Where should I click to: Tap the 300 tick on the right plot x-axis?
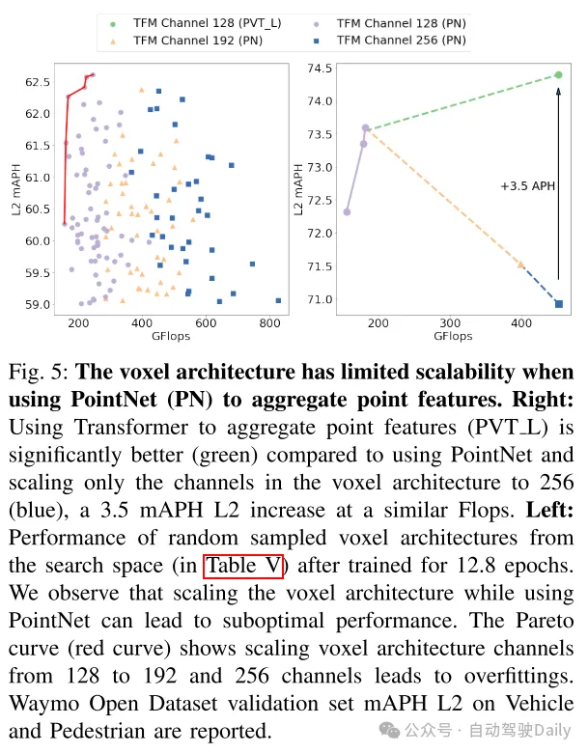pyautogui.click(x=449, y=323)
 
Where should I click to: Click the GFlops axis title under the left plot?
pyautogui.click(x=171, y=337)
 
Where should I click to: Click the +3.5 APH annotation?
pyautogui.click(x=527, y=186)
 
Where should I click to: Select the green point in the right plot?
pyautogui.click(x=558, y=74)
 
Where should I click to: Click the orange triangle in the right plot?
pyautogui.click(x=521, y=264)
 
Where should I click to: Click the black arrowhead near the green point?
pyautogui.click(x=558, y=90)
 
